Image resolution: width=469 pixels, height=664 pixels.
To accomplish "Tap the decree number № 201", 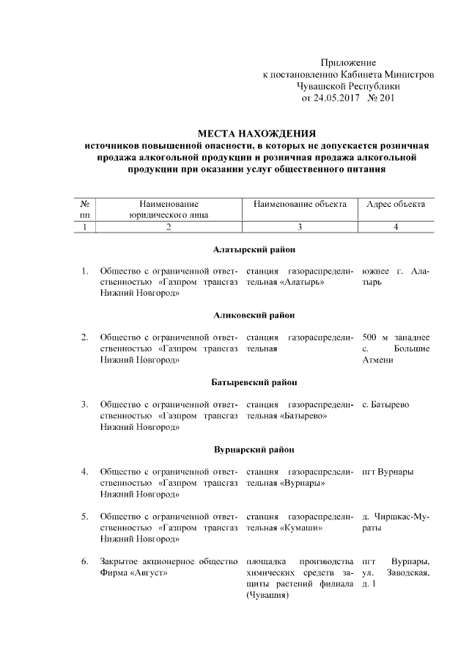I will (x=380, y=98).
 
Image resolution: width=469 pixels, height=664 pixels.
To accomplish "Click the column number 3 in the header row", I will (x=300, y=227).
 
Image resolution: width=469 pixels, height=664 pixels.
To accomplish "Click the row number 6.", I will (x=85, y=561).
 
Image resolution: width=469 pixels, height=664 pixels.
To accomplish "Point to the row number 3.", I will (x=85, y=404).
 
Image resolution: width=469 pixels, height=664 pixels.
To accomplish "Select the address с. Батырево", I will (x=386, y=404).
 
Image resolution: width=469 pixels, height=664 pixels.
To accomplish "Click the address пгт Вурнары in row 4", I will (x=388, y=471).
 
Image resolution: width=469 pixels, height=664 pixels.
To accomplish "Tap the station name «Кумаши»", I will (x=302, y=528).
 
